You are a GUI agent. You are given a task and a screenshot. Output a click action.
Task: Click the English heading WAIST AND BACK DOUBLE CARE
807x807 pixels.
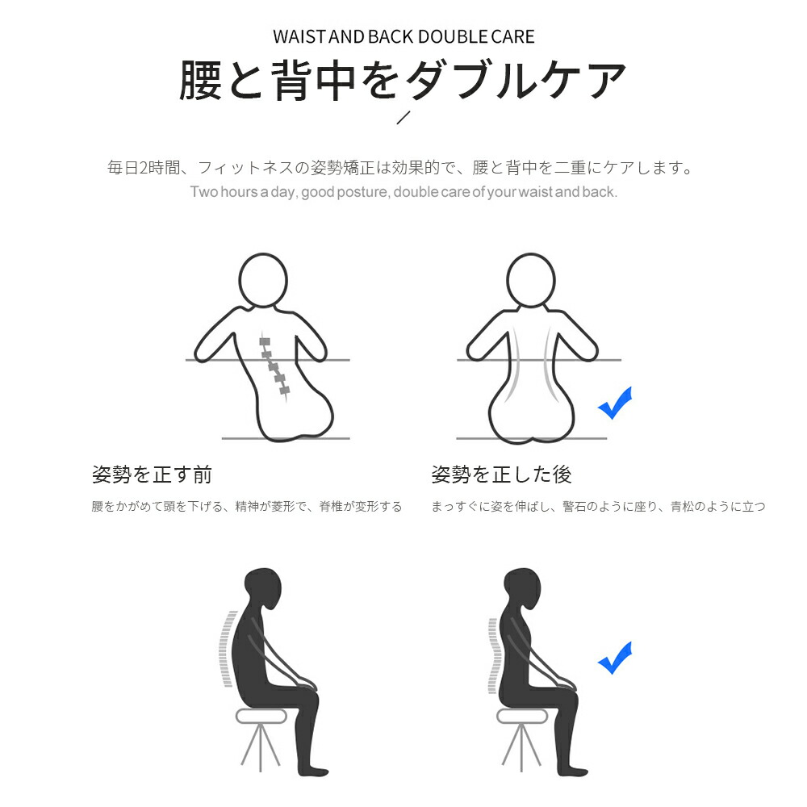tap(403, 37)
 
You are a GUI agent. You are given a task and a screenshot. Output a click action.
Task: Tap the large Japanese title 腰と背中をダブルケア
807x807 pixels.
tap(403, 80)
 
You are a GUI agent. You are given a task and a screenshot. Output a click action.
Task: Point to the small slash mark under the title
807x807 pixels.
tap(403, 117)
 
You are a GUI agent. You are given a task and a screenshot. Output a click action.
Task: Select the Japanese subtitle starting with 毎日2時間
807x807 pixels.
tap(400, 168)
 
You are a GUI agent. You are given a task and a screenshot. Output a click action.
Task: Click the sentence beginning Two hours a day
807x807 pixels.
tap(403, 192)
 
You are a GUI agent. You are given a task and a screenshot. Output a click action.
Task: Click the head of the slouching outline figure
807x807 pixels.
tap(263, 282)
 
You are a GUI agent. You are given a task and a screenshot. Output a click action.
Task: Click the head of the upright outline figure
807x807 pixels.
tap(531, 282)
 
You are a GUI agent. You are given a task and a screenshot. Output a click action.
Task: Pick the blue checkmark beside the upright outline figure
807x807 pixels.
tap(615, 403)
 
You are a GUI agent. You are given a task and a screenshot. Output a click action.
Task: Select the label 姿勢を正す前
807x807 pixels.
tap(152, 475)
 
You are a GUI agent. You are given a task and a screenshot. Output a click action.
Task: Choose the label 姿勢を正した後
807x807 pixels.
tap(501, 475)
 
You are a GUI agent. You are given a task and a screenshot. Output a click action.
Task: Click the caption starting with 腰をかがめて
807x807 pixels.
tap(246, 507)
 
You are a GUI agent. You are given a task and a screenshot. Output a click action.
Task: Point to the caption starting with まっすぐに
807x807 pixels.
tap(598, 507)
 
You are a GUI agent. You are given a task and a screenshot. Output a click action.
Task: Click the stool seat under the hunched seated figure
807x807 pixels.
tap(261, 716)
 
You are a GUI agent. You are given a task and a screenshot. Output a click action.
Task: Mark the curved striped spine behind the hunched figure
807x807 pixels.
tap(228, 649)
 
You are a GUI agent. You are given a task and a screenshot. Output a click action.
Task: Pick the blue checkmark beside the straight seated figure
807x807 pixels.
tap(615, 659)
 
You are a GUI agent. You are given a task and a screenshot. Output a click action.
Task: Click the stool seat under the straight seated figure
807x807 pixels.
tap(522, 716)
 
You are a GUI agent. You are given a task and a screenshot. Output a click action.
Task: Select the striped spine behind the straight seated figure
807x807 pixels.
tap(493, 654)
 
